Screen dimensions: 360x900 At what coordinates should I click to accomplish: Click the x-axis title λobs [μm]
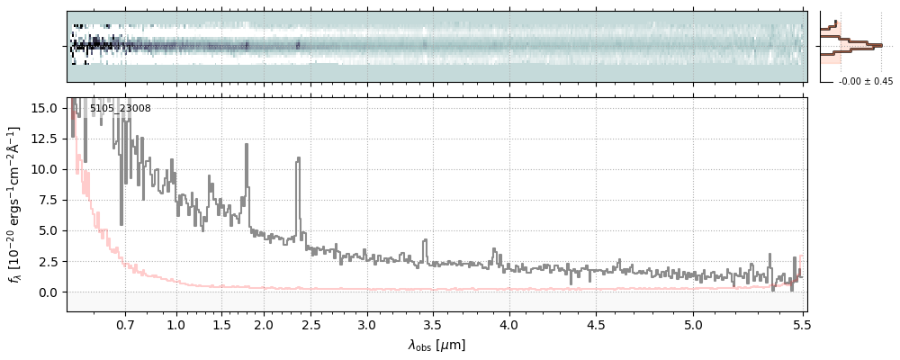pyautogui.click(x=436, y=345)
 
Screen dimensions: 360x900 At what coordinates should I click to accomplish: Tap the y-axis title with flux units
pyautogui.click(x=15, y=204)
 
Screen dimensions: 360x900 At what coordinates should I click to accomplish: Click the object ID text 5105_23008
pyautogui.click(x=120, y=109)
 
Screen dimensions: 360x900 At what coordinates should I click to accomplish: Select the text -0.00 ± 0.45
pyautogui.click(x=865, y=82)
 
